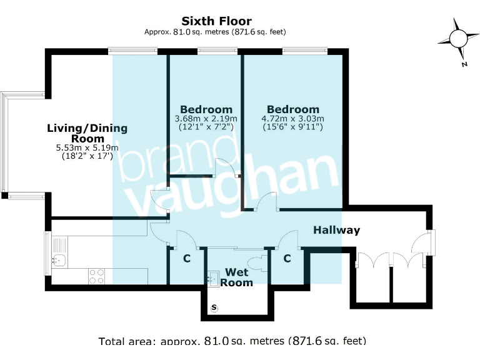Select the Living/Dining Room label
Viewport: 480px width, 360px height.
tap(87, 133)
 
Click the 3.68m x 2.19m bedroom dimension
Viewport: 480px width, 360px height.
tap(206, 119)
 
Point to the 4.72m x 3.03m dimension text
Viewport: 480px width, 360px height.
tap(292, 119)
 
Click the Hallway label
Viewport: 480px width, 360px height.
tap(337, 230)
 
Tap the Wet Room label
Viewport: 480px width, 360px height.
tap(237, 277)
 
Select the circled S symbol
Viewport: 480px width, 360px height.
tap(215, 307)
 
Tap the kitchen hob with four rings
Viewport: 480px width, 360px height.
tap(97, 276)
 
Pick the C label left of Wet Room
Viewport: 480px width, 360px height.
tap(186, 259)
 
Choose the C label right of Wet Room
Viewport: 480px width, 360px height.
tap(287, 259)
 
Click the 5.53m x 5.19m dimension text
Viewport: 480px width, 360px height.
tap(87, 148)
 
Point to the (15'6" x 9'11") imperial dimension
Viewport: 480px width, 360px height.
tap(292, 127)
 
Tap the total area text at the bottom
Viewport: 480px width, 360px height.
tap(232, 341)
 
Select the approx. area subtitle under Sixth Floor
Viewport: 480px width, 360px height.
tap(215, 32)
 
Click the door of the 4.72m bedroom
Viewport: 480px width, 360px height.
tap(268, 202)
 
